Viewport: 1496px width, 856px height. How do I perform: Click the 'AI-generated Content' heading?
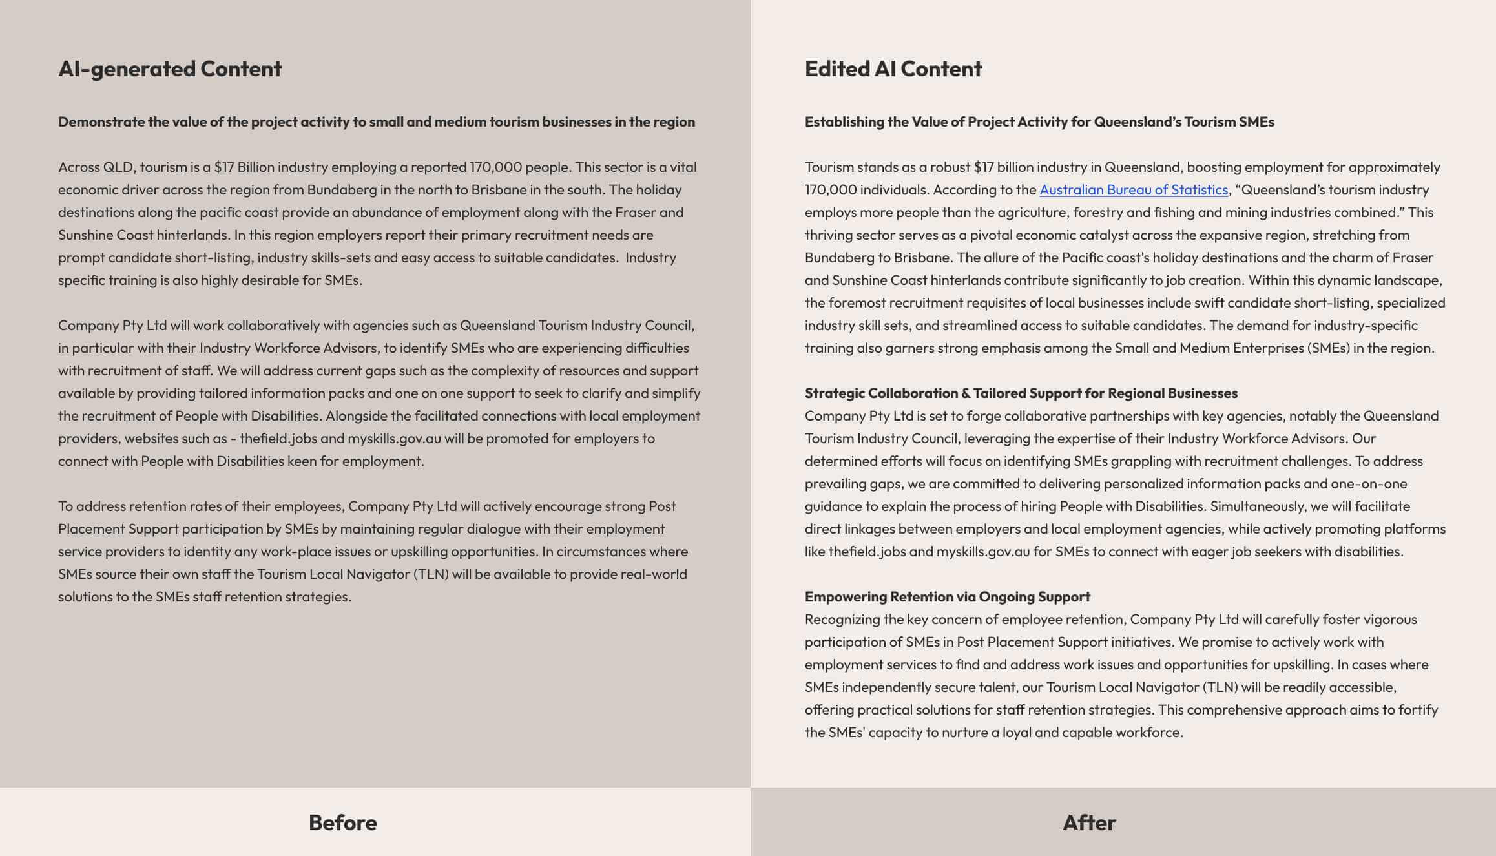170,68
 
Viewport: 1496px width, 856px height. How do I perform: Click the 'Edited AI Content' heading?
893,68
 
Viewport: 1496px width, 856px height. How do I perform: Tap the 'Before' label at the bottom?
342,822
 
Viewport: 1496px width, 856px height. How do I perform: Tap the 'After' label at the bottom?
1089,822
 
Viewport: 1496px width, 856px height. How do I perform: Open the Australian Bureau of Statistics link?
1134,190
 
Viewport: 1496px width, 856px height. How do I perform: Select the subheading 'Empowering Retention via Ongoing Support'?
947,596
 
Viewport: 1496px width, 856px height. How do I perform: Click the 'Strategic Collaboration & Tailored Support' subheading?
1021,393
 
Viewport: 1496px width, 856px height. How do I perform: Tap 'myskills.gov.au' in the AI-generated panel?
394,439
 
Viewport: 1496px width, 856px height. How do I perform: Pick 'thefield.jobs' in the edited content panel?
866,552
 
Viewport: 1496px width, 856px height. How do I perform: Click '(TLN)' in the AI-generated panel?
431,574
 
